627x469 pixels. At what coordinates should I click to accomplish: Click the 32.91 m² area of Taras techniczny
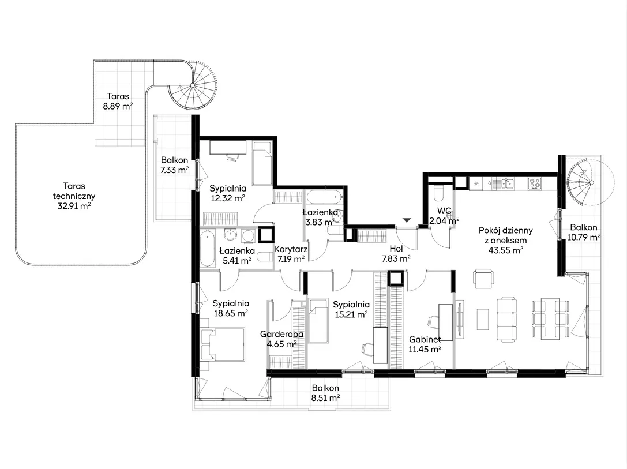click(x=74, y=207)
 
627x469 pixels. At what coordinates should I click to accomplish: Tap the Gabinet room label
click(x=425, y=339)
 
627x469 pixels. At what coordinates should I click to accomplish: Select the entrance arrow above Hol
click(x=407, y=220)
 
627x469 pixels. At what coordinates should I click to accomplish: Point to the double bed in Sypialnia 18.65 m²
click(x=222, y=343)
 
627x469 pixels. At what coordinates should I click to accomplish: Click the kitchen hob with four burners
click(x=535, y=183)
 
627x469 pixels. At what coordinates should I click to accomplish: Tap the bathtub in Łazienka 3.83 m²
click(x=324, y=197)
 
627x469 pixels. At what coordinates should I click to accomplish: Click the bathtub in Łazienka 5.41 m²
click(x=207, y=248)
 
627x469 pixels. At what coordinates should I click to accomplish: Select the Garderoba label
click(x=281, y=334)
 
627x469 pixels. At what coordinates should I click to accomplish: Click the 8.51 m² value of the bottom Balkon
click(x=325, y=398)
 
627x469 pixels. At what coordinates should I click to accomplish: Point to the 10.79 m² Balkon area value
click(x=584, y=237)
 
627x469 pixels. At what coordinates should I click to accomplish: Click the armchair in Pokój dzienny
click(x=483, y=278)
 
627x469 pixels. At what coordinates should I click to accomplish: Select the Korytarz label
click(x=291, y=249)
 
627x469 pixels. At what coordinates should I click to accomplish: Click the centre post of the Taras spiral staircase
click(x=192, y=85)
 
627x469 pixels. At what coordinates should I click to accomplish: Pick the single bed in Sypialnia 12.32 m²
click(x=262, y=163)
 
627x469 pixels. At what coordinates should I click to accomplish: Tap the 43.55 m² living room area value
click(x=506, y=251)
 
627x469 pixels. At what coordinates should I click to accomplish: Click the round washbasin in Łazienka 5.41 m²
click(x=231, y=235)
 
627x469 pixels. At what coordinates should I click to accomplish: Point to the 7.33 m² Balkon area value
click(x=174, y=170)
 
